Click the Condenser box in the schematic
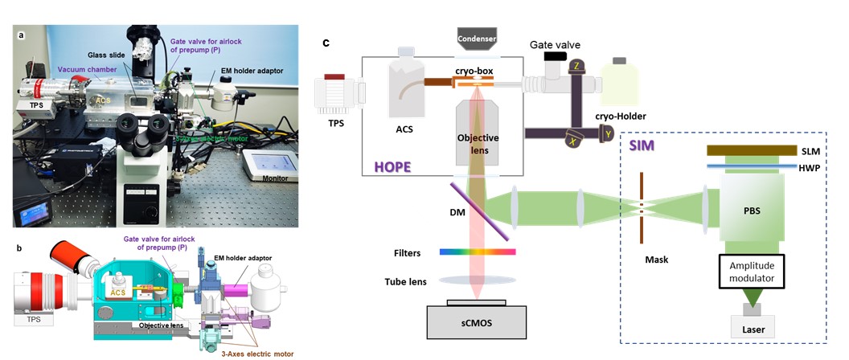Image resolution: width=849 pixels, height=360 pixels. click(478, 38)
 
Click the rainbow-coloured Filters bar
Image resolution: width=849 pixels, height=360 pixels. click(478, 252)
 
